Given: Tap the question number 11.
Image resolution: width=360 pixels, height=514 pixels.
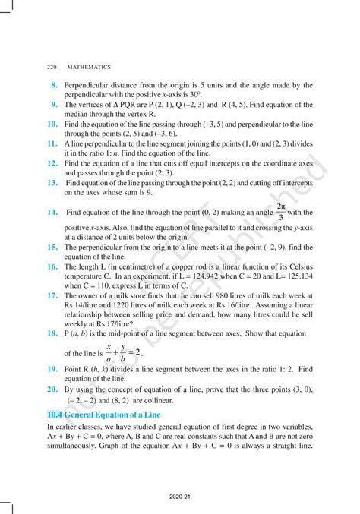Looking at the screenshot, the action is coord(52,142).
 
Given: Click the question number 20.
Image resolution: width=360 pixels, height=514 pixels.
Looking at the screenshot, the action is coord(52,388).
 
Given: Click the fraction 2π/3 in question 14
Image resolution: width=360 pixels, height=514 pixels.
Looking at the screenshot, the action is coord(281,212).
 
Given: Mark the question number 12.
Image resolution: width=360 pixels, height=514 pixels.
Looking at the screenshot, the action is coord(52,162).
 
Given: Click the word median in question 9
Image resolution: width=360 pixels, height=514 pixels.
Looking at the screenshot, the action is coord(78,113).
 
